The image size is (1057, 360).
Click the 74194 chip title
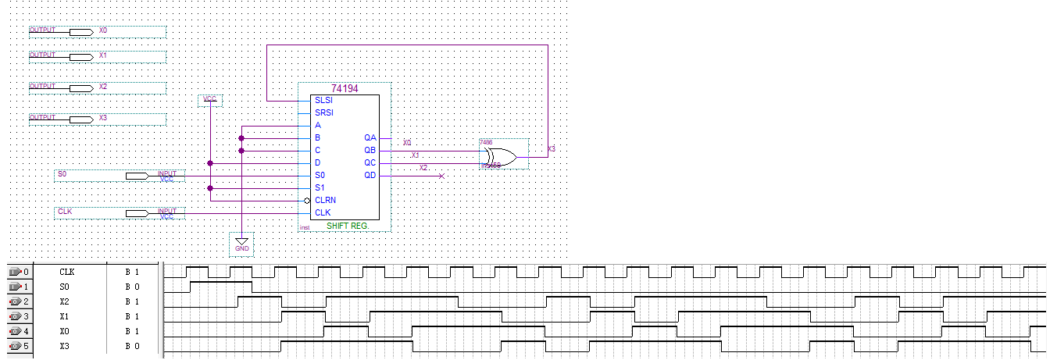pos(344,89)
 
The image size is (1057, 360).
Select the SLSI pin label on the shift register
pos(323,101)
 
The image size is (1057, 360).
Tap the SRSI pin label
pos(323,113)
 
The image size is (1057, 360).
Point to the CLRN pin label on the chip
pos(325,201)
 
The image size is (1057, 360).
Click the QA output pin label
pos(370,138)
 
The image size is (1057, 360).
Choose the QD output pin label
pos(370,176)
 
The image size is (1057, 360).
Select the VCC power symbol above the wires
pos(210,100)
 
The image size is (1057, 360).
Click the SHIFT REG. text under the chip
pos(348,226)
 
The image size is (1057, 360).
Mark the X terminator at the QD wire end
pos(441,176)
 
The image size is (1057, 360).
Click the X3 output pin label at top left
pos(102,119)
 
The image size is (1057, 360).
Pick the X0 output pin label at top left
pos(102,30)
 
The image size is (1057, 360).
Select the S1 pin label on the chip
pos(320,188)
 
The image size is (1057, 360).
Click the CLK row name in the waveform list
pos(67,273)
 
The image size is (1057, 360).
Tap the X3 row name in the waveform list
pos(65,345)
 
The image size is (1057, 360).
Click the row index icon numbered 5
pos(18,345)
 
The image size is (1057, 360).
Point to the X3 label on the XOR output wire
pos(552,149)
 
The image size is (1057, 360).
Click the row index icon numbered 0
pos(18,273)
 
